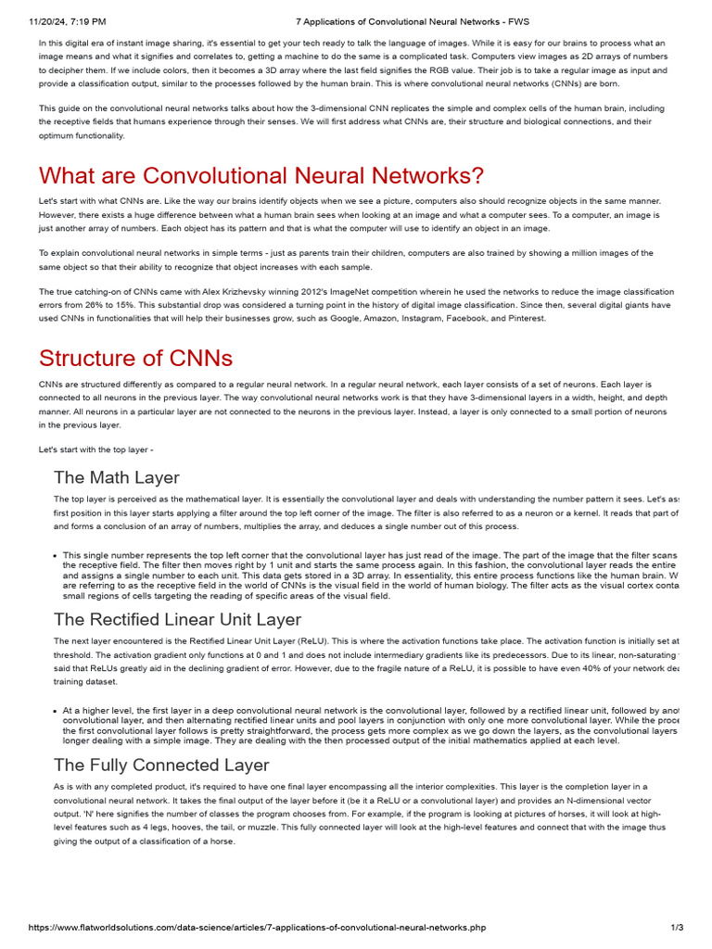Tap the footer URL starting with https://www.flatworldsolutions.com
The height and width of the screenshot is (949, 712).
click(257, 928)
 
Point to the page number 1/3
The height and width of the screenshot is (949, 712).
click(677, 928)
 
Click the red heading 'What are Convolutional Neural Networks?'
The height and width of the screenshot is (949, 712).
click(261, 175)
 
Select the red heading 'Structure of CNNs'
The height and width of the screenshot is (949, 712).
click(135, 358)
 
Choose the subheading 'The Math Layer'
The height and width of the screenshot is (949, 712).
click(117, 478)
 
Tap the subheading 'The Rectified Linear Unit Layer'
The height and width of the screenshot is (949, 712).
click(177, 619)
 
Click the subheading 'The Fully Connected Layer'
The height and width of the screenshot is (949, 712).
click(161, 765)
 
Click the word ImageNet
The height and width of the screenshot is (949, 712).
click(315, 291)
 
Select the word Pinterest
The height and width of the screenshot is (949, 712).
click(526, 318)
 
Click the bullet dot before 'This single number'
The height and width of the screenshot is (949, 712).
click(57, 555)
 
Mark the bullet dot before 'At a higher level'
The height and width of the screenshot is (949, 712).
click(57, 711)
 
